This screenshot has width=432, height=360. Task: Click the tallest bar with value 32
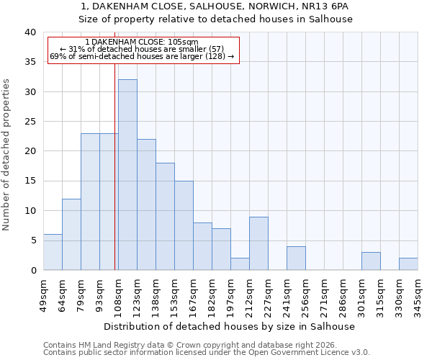(127, 175)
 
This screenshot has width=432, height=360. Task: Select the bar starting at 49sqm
(53, 252)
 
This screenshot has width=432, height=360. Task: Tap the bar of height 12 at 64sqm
(71, 235)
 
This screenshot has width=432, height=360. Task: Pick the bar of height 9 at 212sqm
(258, 243)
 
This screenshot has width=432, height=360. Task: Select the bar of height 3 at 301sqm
(371, 261)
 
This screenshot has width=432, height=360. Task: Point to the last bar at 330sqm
(408, 264)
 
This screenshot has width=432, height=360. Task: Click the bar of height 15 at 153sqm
(184, 225)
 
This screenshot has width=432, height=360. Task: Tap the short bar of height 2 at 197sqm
(240, 264)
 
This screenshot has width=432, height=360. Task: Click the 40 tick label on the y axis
(30, 32)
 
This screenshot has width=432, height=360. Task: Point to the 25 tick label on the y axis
(30, 122)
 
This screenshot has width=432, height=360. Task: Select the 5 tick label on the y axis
(32, 240)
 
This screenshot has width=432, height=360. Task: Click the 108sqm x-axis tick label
(119, 292)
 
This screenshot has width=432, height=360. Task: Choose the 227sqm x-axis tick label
(269, 292)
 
